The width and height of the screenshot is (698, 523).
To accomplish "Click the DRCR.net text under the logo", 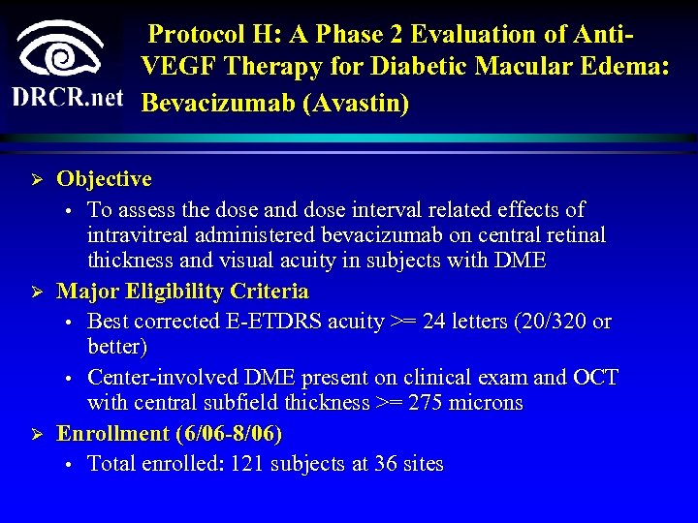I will [x=68, y=98].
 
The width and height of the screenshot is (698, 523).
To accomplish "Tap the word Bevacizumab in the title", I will [x=218, y=102].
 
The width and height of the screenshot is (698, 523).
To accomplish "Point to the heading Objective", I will [x=104, y=179].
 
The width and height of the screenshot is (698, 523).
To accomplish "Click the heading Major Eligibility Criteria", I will [x=182, y=292].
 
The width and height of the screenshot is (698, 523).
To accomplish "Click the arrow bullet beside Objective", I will [x=35, y=180].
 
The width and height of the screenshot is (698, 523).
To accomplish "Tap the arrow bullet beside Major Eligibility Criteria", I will [x=35, y=292].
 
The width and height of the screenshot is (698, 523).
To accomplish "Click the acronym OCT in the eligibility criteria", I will [x=595, y=378].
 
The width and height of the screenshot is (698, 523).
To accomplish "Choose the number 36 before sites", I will [x=386, y=464].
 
